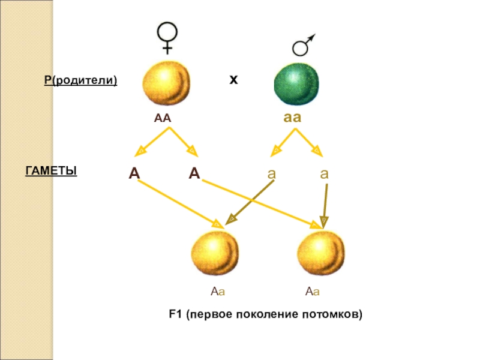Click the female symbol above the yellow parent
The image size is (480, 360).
click(x=166, y=37)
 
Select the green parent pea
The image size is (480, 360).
click(x=298, y=84)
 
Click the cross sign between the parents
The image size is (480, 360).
click(x=233, y=79)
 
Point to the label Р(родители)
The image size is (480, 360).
click(x=80, y=80)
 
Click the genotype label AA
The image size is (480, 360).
click(x=163, y=118)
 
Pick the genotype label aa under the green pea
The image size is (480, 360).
click(x=292, y=118)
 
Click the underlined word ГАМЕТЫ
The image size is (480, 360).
click(x=51, y=172)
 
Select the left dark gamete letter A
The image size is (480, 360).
click(x=134, y=174)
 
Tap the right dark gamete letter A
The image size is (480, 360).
click(x=194, y=174)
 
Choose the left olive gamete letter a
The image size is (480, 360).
click(x=271, y=174)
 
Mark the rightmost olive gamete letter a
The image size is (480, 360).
click(x=324, y=174)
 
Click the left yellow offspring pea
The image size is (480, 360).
click(x=217, y=253)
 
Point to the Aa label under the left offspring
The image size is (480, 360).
click(x=217, y=292)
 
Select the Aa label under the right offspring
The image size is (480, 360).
click(x=312, y=292)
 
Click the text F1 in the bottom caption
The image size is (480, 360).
click(x=175, y=314)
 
